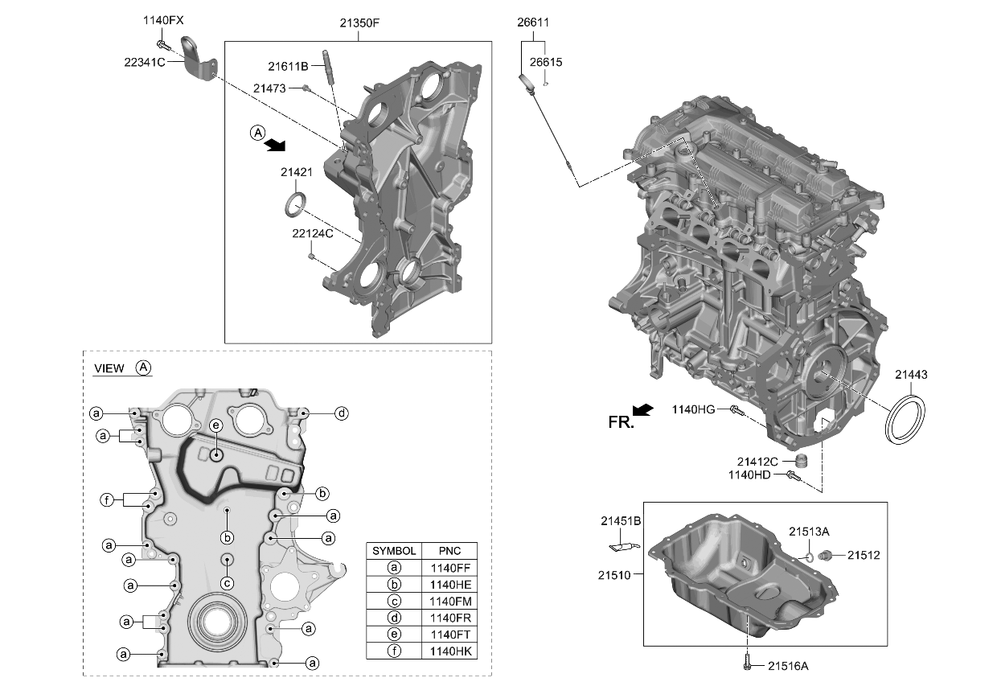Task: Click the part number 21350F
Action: (359, 23)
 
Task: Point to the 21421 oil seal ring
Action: (295, 203)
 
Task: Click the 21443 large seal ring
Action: (905, 417)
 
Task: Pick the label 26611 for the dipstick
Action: (533, 23)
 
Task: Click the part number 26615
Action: (546, 62)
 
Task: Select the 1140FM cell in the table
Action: (449, 601)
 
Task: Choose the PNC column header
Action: (449, 551)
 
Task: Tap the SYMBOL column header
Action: (393, 551)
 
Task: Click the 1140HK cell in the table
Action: (449, 651)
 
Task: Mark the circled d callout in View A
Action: (342, 413)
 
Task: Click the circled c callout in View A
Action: (228, 583)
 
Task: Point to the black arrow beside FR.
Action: (643, 410)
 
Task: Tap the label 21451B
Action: (620, 522)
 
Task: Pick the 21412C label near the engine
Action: (757, 462)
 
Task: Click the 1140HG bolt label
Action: (693, 409)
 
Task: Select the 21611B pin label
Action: (288, 66)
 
